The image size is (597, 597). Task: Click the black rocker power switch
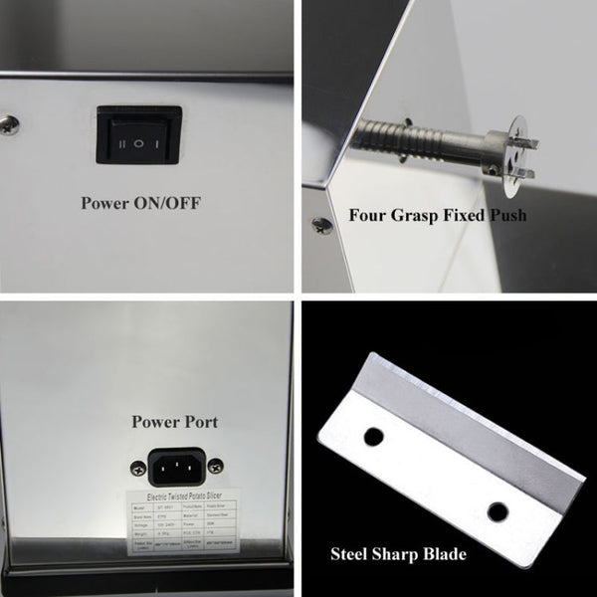139,135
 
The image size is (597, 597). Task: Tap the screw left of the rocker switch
9,123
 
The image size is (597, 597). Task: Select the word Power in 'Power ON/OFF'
109,204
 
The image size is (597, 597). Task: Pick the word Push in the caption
506,214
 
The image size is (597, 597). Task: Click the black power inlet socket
175,464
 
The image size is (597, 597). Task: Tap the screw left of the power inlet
133,464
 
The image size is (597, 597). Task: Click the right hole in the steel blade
497,511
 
